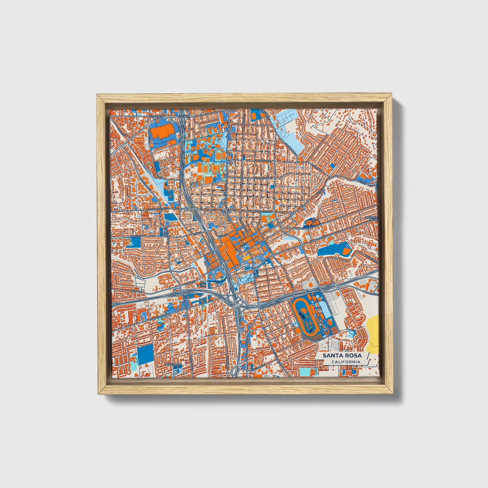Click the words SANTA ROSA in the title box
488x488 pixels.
click(342, 355)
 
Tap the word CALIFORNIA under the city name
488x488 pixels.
click(345, 362)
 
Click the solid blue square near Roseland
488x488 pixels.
click(145, 354)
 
